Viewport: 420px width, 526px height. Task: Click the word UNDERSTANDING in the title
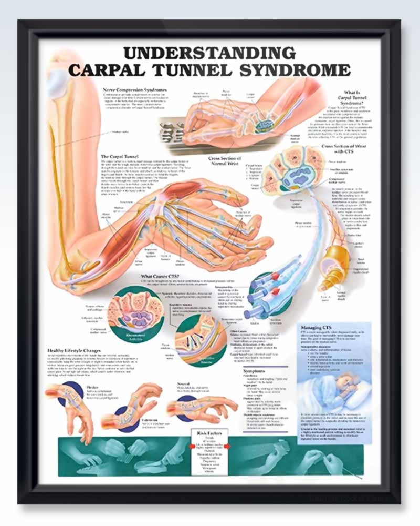point(209,53)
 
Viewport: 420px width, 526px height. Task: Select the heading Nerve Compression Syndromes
point(135,90)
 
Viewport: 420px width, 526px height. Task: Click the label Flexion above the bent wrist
point(91,387)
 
